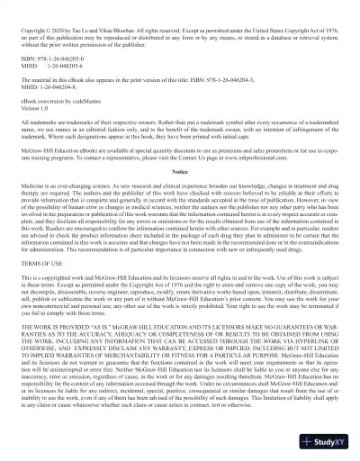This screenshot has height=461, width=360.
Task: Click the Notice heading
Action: coord(180,170)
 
